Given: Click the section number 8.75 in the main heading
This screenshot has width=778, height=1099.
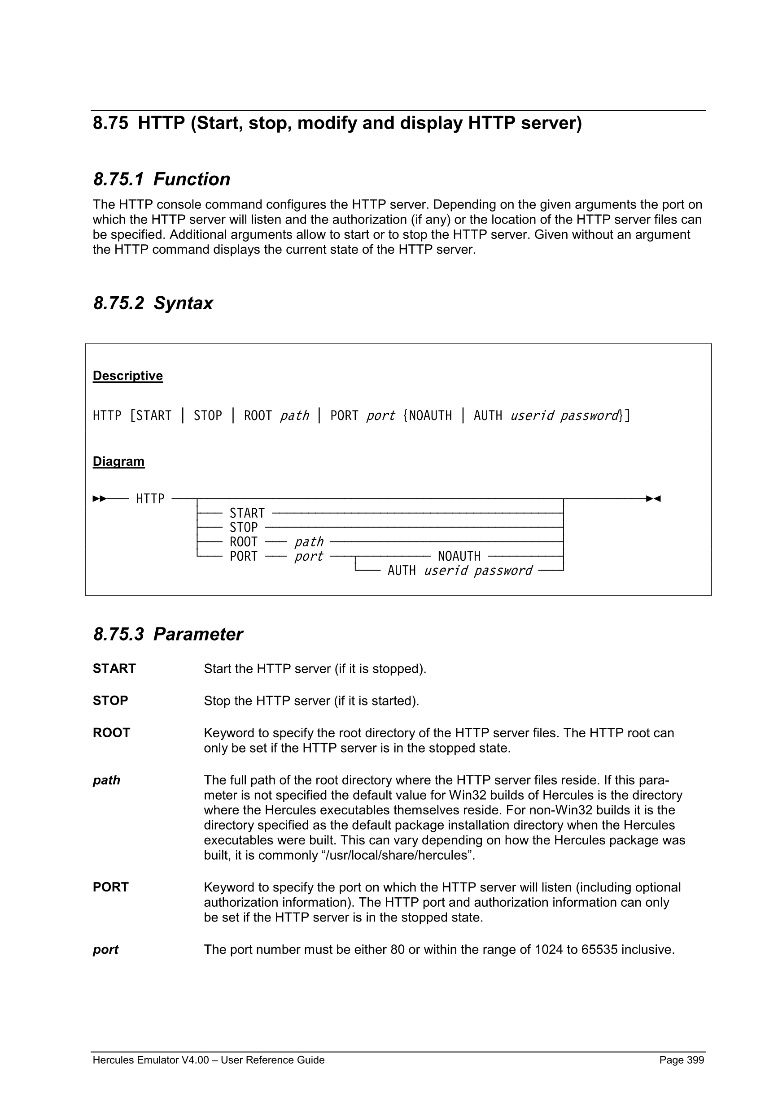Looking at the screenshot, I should click(111, 124).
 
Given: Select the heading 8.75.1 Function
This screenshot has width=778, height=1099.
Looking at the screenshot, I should click(162, 179).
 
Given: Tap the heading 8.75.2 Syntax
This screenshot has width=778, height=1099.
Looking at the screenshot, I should click(153, 303).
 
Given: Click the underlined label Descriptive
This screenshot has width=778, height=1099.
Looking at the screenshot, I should click(127, 375).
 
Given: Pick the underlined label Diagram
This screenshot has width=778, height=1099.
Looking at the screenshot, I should click(118, 461).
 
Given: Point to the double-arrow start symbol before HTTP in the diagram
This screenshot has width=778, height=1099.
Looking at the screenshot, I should click(99, 499).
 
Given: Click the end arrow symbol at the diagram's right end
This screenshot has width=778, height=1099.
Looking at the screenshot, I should click(653, 499).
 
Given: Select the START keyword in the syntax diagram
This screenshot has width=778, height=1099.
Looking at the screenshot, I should click(247, 513).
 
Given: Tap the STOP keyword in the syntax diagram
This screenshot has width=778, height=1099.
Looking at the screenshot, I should click(243, 528).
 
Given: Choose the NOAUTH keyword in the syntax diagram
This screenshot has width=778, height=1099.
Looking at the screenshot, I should click(459, 556).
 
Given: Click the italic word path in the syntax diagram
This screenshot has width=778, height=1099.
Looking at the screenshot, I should click(309, 542).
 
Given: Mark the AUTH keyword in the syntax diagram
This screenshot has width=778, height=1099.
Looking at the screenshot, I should click(402, 571).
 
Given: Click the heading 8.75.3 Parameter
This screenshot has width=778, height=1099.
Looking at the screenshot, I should click(168, 634).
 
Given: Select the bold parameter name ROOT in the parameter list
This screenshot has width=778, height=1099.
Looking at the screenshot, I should click(111, 733).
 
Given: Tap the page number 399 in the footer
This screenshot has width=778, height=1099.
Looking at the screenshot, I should click(695, 1060).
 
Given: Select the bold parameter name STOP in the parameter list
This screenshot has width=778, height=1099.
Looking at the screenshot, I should click(110, 701).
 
